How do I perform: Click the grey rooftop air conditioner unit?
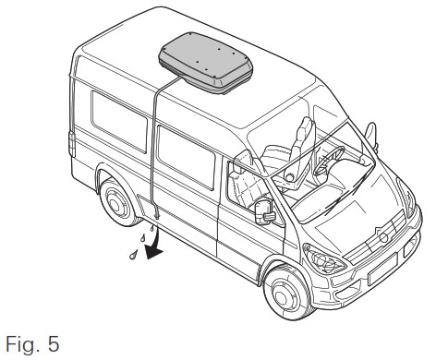[x=206, y=63]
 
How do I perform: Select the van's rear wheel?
[x=118, y=201]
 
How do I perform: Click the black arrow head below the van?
[x=153, y=252]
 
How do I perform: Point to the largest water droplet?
[x=133, y=255]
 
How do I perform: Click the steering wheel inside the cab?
[x=329, y=160]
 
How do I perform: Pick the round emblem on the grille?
[x=383, y=237]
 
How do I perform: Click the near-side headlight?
[x=324, y=259]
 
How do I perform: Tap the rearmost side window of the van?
[x=119, y=121]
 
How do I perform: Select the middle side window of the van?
[x=186, y=157]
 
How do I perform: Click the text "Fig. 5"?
[x=32, y=344]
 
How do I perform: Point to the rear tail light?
[x=72, y=144]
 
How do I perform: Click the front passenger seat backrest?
[x=247, y=188]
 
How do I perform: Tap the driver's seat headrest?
[x=306, y=126]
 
